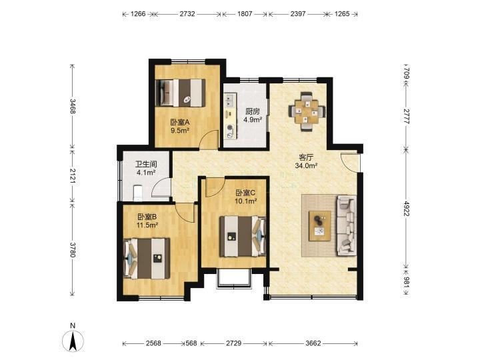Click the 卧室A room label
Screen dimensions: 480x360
[x=180, y=123]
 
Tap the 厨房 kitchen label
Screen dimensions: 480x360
[x=253, y=111]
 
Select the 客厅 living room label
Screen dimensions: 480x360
[x=306, y=157]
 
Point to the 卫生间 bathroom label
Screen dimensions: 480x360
[x=146, y=165]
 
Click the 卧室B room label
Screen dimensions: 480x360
[x=147, y=217]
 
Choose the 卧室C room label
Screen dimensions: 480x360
[x=245, y=193]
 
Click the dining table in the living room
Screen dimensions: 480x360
[x=307, y=111]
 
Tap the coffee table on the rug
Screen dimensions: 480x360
[x=320, y=226]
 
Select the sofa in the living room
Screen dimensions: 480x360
[x=347, y=225]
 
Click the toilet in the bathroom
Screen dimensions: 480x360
[x=138, y=193]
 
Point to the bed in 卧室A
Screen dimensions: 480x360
[x=180, y=93]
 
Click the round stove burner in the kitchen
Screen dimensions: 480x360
[x=229, y=128]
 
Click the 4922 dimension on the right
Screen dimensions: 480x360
[x=406, y=209]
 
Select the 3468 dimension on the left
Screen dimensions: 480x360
[x=73, y=106]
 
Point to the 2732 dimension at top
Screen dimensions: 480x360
[x=187, y=14]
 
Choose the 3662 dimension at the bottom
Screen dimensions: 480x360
[x=313, y=343]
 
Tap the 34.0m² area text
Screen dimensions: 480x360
[x=306, y=166]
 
